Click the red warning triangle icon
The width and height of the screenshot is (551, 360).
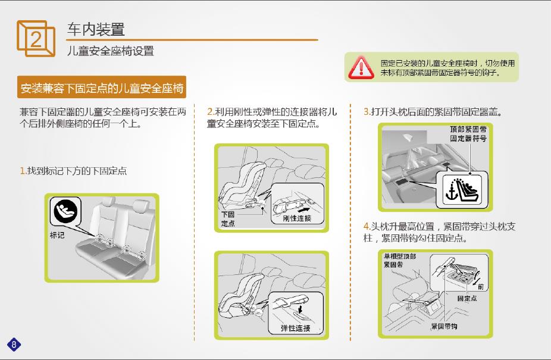pyautogui.click(x=361, y=67)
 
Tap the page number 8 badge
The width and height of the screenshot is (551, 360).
pyautogui.click(x=14, y=344)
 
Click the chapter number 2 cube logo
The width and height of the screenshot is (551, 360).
pyautogui.click(x=36, y=38)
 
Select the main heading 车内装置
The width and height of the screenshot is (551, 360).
pyautogui.click(x=96, y=29)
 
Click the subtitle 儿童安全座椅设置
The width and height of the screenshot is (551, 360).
pyautogui.click(x=110, y=51)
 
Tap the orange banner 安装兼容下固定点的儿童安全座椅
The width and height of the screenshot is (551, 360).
pyautogui.click(x=102, y=87)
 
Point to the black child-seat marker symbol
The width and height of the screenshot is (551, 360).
pyautogui.click(x=65, y=211)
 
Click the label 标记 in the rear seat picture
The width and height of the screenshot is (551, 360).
pyautogui.click(x=57, y=235)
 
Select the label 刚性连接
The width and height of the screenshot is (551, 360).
pyautogui.click(x=297, y=218)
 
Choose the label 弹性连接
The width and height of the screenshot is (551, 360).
pyautogui.click(x=295, y=328)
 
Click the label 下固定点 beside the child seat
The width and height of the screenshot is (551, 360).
pyautogui.click(x=228, y=218)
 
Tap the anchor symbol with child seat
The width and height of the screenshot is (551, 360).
pyautogui.click(x=461, y=190)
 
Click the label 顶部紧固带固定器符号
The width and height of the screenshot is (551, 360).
pyautogui.click(x=468, y=134)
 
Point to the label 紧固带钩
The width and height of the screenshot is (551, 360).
pyautogui.click(x=444, y=326)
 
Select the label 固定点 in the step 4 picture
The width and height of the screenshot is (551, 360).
pyautogui.click(x=467, y=298)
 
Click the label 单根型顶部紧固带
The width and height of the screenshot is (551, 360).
pyautogui.click(x=399, y=260)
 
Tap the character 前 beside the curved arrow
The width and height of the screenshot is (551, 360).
pyautogui.click(x=481, y=287)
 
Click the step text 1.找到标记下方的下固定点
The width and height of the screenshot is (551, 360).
pyautogui.click(x=73, y=171)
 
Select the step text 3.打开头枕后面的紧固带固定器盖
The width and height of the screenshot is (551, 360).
pyautogui.click(x=433, y=112)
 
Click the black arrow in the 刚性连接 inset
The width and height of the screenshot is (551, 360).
pyautogui.click(x=303, y=209)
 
